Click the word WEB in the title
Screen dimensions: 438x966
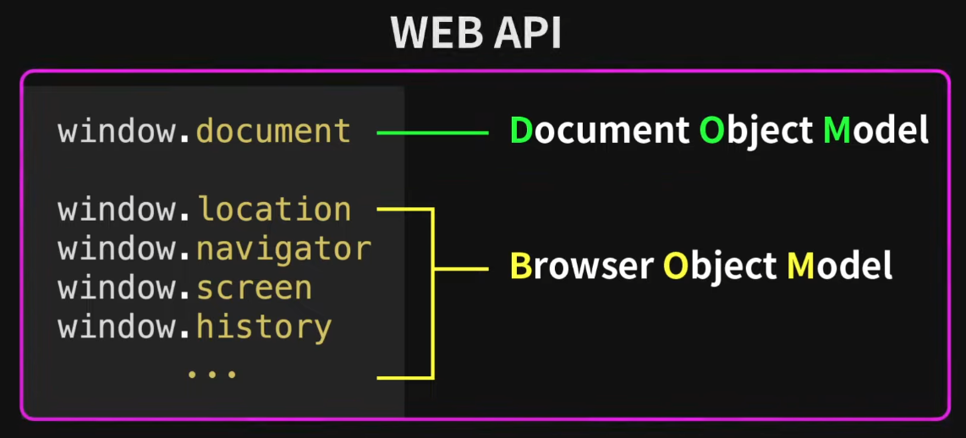432,34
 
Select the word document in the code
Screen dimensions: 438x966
272,132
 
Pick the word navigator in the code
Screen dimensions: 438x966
283,249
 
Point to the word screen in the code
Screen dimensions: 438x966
254,287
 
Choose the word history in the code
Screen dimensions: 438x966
263,327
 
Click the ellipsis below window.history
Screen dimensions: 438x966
211,372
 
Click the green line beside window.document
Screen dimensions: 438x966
432,133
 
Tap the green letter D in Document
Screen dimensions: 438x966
521,131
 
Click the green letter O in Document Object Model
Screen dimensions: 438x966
712,131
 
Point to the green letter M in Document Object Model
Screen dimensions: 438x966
837,131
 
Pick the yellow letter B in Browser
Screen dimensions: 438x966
520,266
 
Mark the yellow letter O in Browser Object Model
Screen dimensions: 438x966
676,266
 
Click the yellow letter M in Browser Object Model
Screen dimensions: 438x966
800,266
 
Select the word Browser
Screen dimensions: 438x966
581,266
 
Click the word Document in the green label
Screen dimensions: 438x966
599,131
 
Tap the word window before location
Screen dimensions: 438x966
118,210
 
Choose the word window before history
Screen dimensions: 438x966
118,327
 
